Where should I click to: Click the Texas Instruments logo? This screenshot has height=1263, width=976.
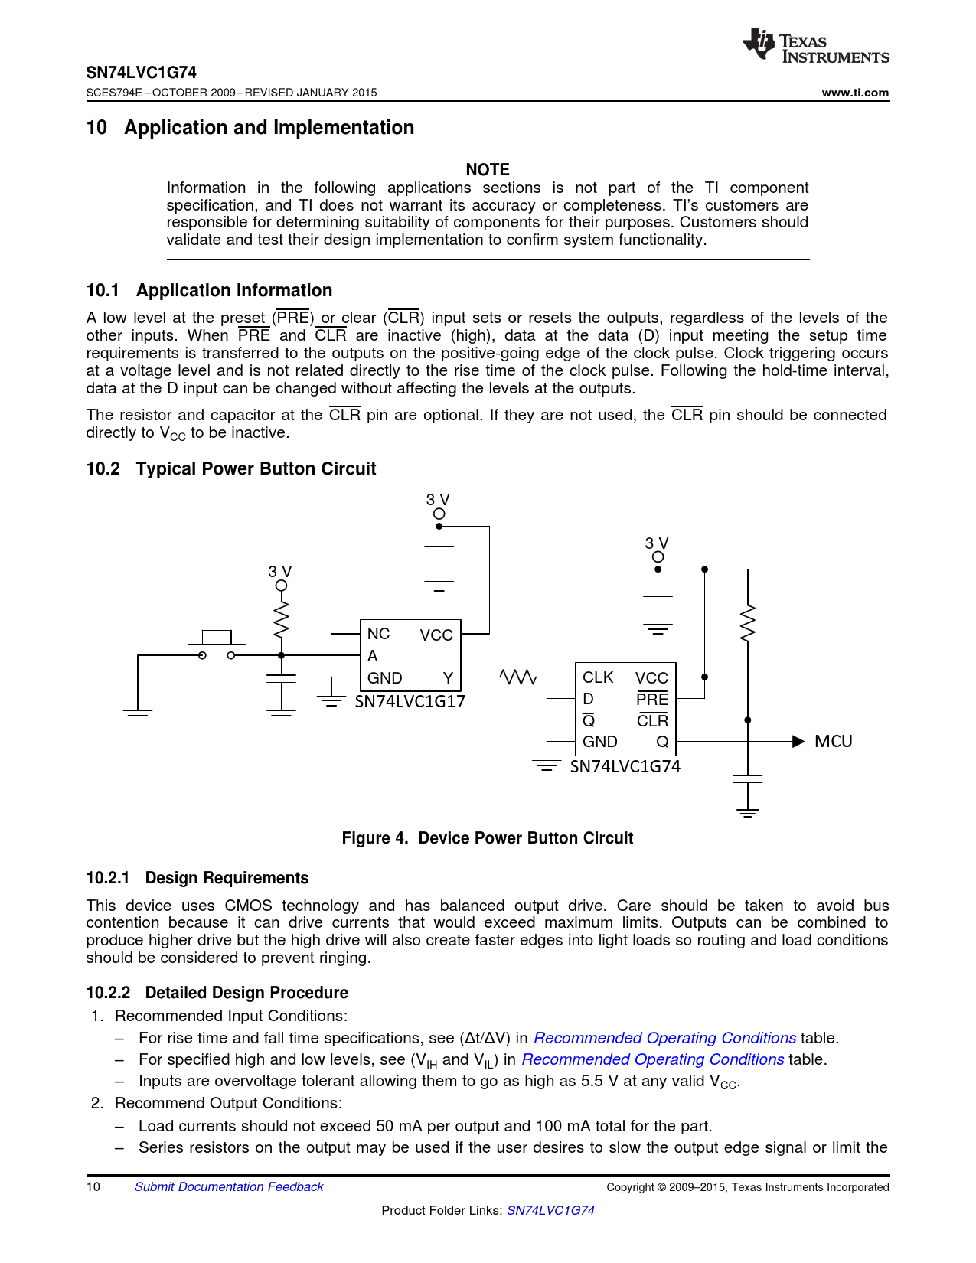(x=814, y=47)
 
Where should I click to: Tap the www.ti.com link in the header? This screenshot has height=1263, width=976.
(x=855, y=93)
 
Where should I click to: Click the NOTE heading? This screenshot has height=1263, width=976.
(x=488, y=169)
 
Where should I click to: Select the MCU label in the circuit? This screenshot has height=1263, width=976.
(x=833, y=741)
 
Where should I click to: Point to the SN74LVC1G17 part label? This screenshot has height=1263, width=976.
(x=410, y=701)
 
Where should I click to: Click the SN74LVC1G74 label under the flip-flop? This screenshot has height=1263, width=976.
(x=625, y=766)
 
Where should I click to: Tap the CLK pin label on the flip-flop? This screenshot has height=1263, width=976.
(x=598, y=677)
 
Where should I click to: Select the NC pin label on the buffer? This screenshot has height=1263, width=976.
(x=378, y=634)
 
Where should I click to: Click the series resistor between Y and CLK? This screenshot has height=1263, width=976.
(x=518, y=677)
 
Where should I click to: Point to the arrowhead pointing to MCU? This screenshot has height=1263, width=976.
(x=798, y=741)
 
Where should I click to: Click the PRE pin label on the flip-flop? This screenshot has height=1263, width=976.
(x=652, y=699)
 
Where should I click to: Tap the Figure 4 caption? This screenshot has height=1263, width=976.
(x=488, y=838)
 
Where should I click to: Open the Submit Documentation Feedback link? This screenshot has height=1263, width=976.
(x=229, y=1186)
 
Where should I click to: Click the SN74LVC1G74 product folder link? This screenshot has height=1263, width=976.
(x=550, y=1210)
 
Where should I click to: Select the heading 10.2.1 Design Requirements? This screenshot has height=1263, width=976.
(x=197, y=878)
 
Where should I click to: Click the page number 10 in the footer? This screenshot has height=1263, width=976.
(x=93, y=1186)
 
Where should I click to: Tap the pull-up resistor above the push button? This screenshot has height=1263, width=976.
(x=282, y=618)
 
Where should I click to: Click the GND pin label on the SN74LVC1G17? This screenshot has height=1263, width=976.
(x=384, y=678)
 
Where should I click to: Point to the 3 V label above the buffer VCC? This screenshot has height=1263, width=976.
(x=438, y=500)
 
